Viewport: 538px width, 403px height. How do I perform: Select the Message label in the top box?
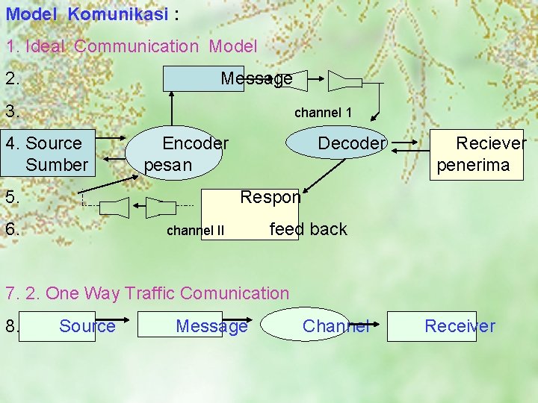(x=256, y=78)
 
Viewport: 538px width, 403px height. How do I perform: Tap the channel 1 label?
(x=323, y=113)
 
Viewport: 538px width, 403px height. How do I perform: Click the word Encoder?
(x=195, y=143)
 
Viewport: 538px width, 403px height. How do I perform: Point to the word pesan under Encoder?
(x=168, y=164)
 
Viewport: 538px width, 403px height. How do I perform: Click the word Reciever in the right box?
(x=491, y=143)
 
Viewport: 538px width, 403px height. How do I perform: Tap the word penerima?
(x=473, y=164)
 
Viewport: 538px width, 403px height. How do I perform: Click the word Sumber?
(x=57, y=164)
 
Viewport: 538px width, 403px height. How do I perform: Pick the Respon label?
(x=270, y=197)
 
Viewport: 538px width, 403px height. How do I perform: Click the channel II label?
(x=195, y=231)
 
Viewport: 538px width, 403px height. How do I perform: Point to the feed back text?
(x=308, y=229)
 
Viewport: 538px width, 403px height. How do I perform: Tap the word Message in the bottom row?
(x=211, y=326)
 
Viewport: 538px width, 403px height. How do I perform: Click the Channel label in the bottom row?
(x=336, y=326)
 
